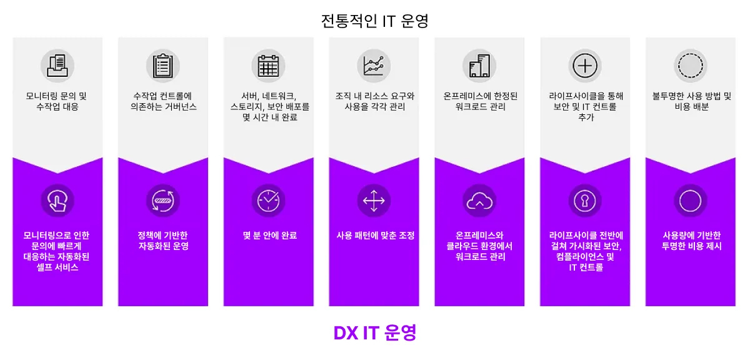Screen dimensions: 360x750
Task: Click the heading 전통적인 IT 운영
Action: coord(374,21)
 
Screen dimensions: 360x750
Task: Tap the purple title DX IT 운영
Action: coord(374,332)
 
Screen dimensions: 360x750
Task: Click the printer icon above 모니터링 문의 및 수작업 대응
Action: coord(57,64)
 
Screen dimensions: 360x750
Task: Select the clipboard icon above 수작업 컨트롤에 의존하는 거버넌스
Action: coord(163,64)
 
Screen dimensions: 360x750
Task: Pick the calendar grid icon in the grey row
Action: coord(269,64)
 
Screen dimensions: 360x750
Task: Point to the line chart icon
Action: coord(374,64)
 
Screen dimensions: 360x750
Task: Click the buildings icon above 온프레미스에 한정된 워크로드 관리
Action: coord(479,64)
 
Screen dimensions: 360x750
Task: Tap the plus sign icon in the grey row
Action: coord(585,64)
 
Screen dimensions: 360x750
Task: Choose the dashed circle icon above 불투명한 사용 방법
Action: coord(691,64)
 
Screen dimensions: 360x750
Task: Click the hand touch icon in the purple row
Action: coord(57,201)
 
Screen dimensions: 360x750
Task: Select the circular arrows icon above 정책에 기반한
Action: coord(163,201)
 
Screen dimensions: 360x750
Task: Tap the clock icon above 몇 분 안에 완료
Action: coord(269,201)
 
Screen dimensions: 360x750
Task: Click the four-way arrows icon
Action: coord(374,201)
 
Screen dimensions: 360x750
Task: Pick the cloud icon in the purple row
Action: coord(479,201)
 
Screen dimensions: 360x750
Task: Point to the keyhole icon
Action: coord(585,201)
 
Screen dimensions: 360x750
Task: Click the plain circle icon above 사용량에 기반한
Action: coord(691,201)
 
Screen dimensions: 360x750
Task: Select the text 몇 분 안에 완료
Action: coord(269,236)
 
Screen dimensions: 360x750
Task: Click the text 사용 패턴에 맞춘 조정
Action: coord(374,236)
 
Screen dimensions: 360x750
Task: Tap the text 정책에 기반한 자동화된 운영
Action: coord(163,241)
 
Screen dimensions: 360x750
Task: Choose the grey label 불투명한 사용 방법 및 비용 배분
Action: coord(691,101)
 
